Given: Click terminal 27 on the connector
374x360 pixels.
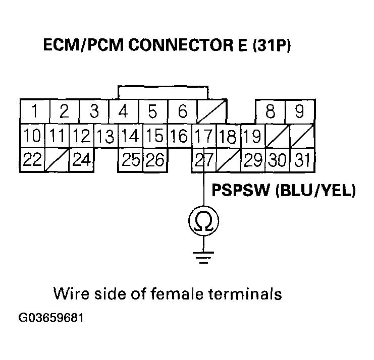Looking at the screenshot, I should [x=204, y=160].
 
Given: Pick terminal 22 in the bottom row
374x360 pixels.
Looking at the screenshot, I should [x=33, y=160].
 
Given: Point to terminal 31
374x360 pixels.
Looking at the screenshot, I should [x=302, y=160].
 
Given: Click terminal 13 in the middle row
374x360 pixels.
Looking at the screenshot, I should [x=105, y=136].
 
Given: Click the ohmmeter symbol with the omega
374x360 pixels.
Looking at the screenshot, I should [x=204, y=220].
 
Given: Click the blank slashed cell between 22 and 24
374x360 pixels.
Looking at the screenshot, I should [x=57, y=160].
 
